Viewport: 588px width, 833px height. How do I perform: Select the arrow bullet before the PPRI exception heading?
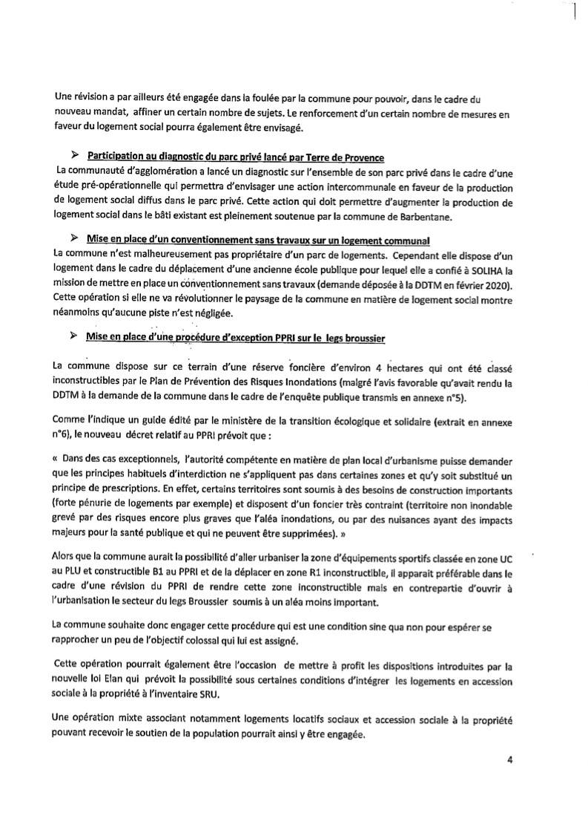73,336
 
